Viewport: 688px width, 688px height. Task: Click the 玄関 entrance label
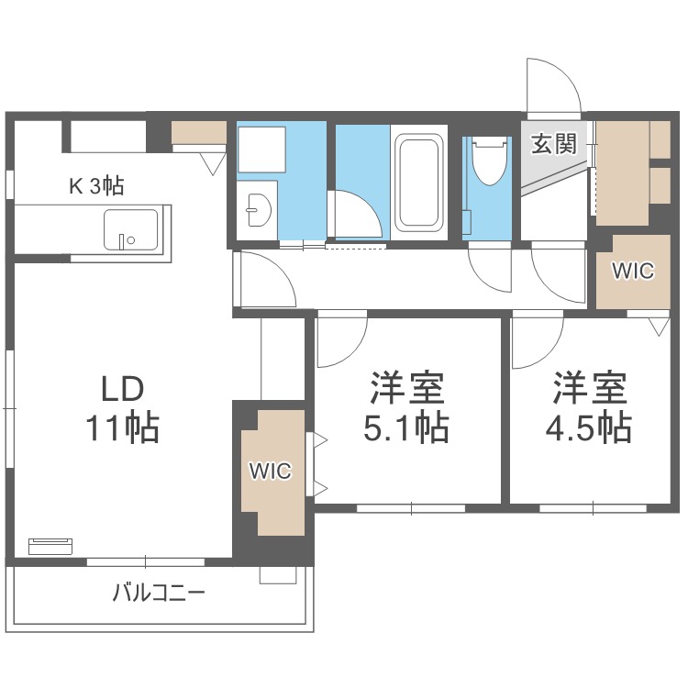pos(553,144)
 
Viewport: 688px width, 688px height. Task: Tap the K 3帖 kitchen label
pos(96,186)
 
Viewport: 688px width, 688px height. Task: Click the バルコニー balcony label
pos(159,592)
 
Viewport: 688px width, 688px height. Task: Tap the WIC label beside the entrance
pos(633,272)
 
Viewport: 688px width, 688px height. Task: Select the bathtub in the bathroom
pos(420,183)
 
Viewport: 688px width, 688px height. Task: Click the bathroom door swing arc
pos(353,215)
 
